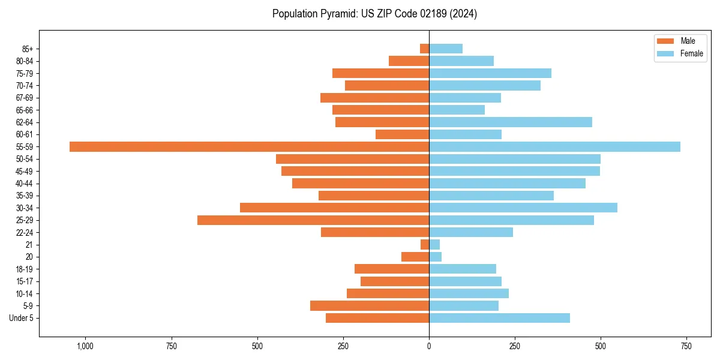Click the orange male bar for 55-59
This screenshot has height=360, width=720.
(x=249, y=146)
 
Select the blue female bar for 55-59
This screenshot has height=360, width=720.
(x=554, y=146)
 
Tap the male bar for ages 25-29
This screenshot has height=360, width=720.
(x=313, y=220)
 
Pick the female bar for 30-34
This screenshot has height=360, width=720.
(x=523, y=208)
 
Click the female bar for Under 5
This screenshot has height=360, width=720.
(x=499, y=318)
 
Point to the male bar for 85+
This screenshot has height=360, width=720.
(x=424, y=49)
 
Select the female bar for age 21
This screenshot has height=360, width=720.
(x=434, y=244)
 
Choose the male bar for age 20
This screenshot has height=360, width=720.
(x=415, y=257)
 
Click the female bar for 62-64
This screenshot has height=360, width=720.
(x=511, y=122)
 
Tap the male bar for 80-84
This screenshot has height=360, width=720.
(x=409, y=61)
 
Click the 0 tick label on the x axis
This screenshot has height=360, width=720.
(x=429, y=346)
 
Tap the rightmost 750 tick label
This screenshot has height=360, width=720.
(x=686, y=346)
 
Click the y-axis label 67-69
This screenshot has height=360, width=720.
(x=25, y=98)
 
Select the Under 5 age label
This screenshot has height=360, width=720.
(x=21, y=318)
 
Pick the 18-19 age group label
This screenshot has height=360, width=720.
(x=25, y=269)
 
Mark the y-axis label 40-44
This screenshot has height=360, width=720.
(x=25, y=183)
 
